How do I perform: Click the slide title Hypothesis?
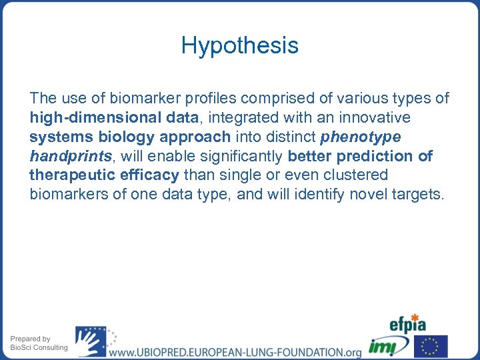(x=239, y=46)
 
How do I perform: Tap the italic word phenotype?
(x=361, y=137)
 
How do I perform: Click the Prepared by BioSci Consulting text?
(x=39, y=343)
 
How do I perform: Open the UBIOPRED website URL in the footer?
(x=235, y=351)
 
